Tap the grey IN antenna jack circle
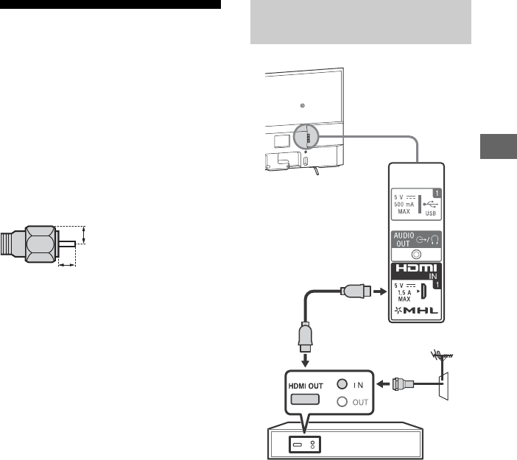pos(342,383)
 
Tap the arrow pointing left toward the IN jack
pos(384,383)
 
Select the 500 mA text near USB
pos(405,205)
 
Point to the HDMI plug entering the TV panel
pos(356,291)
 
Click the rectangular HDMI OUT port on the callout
pos(303,399)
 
